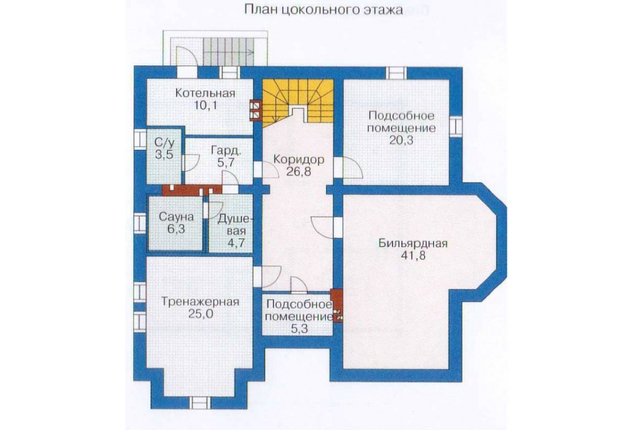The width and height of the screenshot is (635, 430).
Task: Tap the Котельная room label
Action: pos(205,93)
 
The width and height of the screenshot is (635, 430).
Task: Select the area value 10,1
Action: pos(205,106)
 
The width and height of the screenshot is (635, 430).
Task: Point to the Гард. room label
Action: pos(226,150)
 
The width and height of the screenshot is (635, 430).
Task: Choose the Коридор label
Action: pos(299,159)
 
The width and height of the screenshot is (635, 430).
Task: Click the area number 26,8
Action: pos(299,172)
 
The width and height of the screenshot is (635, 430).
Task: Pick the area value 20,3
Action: pos(401,141)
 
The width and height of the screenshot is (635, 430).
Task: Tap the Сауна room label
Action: pos(176,217)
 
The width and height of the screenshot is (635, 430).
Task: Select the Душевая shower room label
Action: pos(235,225)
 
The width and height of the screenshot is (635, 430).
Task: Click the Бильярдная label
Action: pos(412,243)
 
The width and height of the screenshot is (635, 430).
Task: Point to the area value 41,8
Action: pos(412,256)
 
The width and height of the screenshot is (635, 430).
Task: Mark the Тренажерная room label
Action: pos(200,302)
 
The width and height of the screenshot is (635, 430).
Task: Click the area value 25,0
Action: pos(200,314)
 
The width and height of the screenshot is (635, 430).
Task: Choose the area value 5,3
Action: pos(299,329)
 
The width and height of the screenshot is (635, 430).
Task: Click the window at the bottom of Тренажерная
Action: pos(200,404)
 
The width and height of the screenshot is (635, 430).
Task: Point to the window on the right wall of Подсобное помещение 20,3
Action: pos(456,126)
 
